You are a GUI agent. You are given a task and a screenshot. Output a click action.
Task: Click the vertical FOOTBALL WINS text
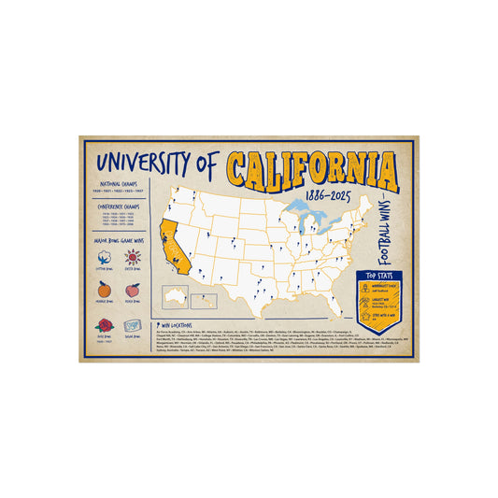pyautogui.click(x=384, y=228)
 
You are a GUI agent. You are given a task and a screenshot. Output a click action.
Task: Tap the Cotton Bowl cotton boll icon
pyautogui.click(x=105, y=258)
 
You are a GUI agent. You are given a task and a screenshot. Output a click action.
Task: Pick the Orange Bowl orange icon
pyautogui.click(x=105, y=289)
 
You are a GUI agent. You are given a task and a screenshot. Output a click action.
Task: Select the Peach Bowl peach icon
pyautogui.click(x=132, y=289)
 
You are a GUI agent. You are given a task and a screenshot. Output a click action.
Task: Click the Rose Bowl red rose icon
pyautogui.click(x=104, y=324)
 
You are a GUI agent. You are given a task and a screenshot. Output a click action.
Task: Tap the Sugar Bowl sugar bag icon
pyautogui.click(x=132, y=322)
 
